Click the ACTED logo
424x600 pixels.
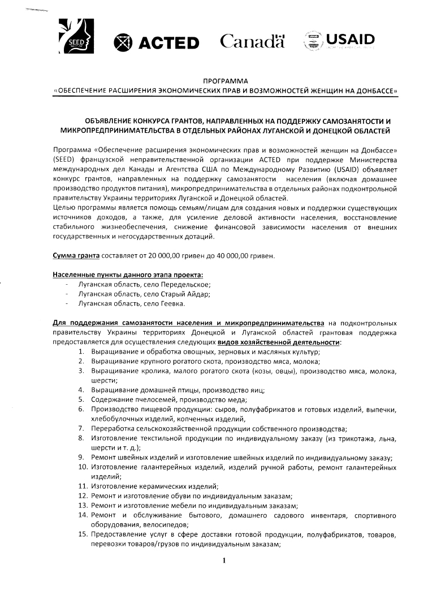(x=157, y=42)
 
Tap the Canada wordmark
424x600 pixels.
(x=252, y=41)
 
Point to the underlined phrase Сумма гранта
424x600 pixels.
(x=76, y=256)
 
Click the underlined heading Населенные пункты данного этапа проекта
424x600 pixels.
(x=128, y=275)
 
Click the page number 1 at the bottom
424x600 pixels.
(x=224, y=560)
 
